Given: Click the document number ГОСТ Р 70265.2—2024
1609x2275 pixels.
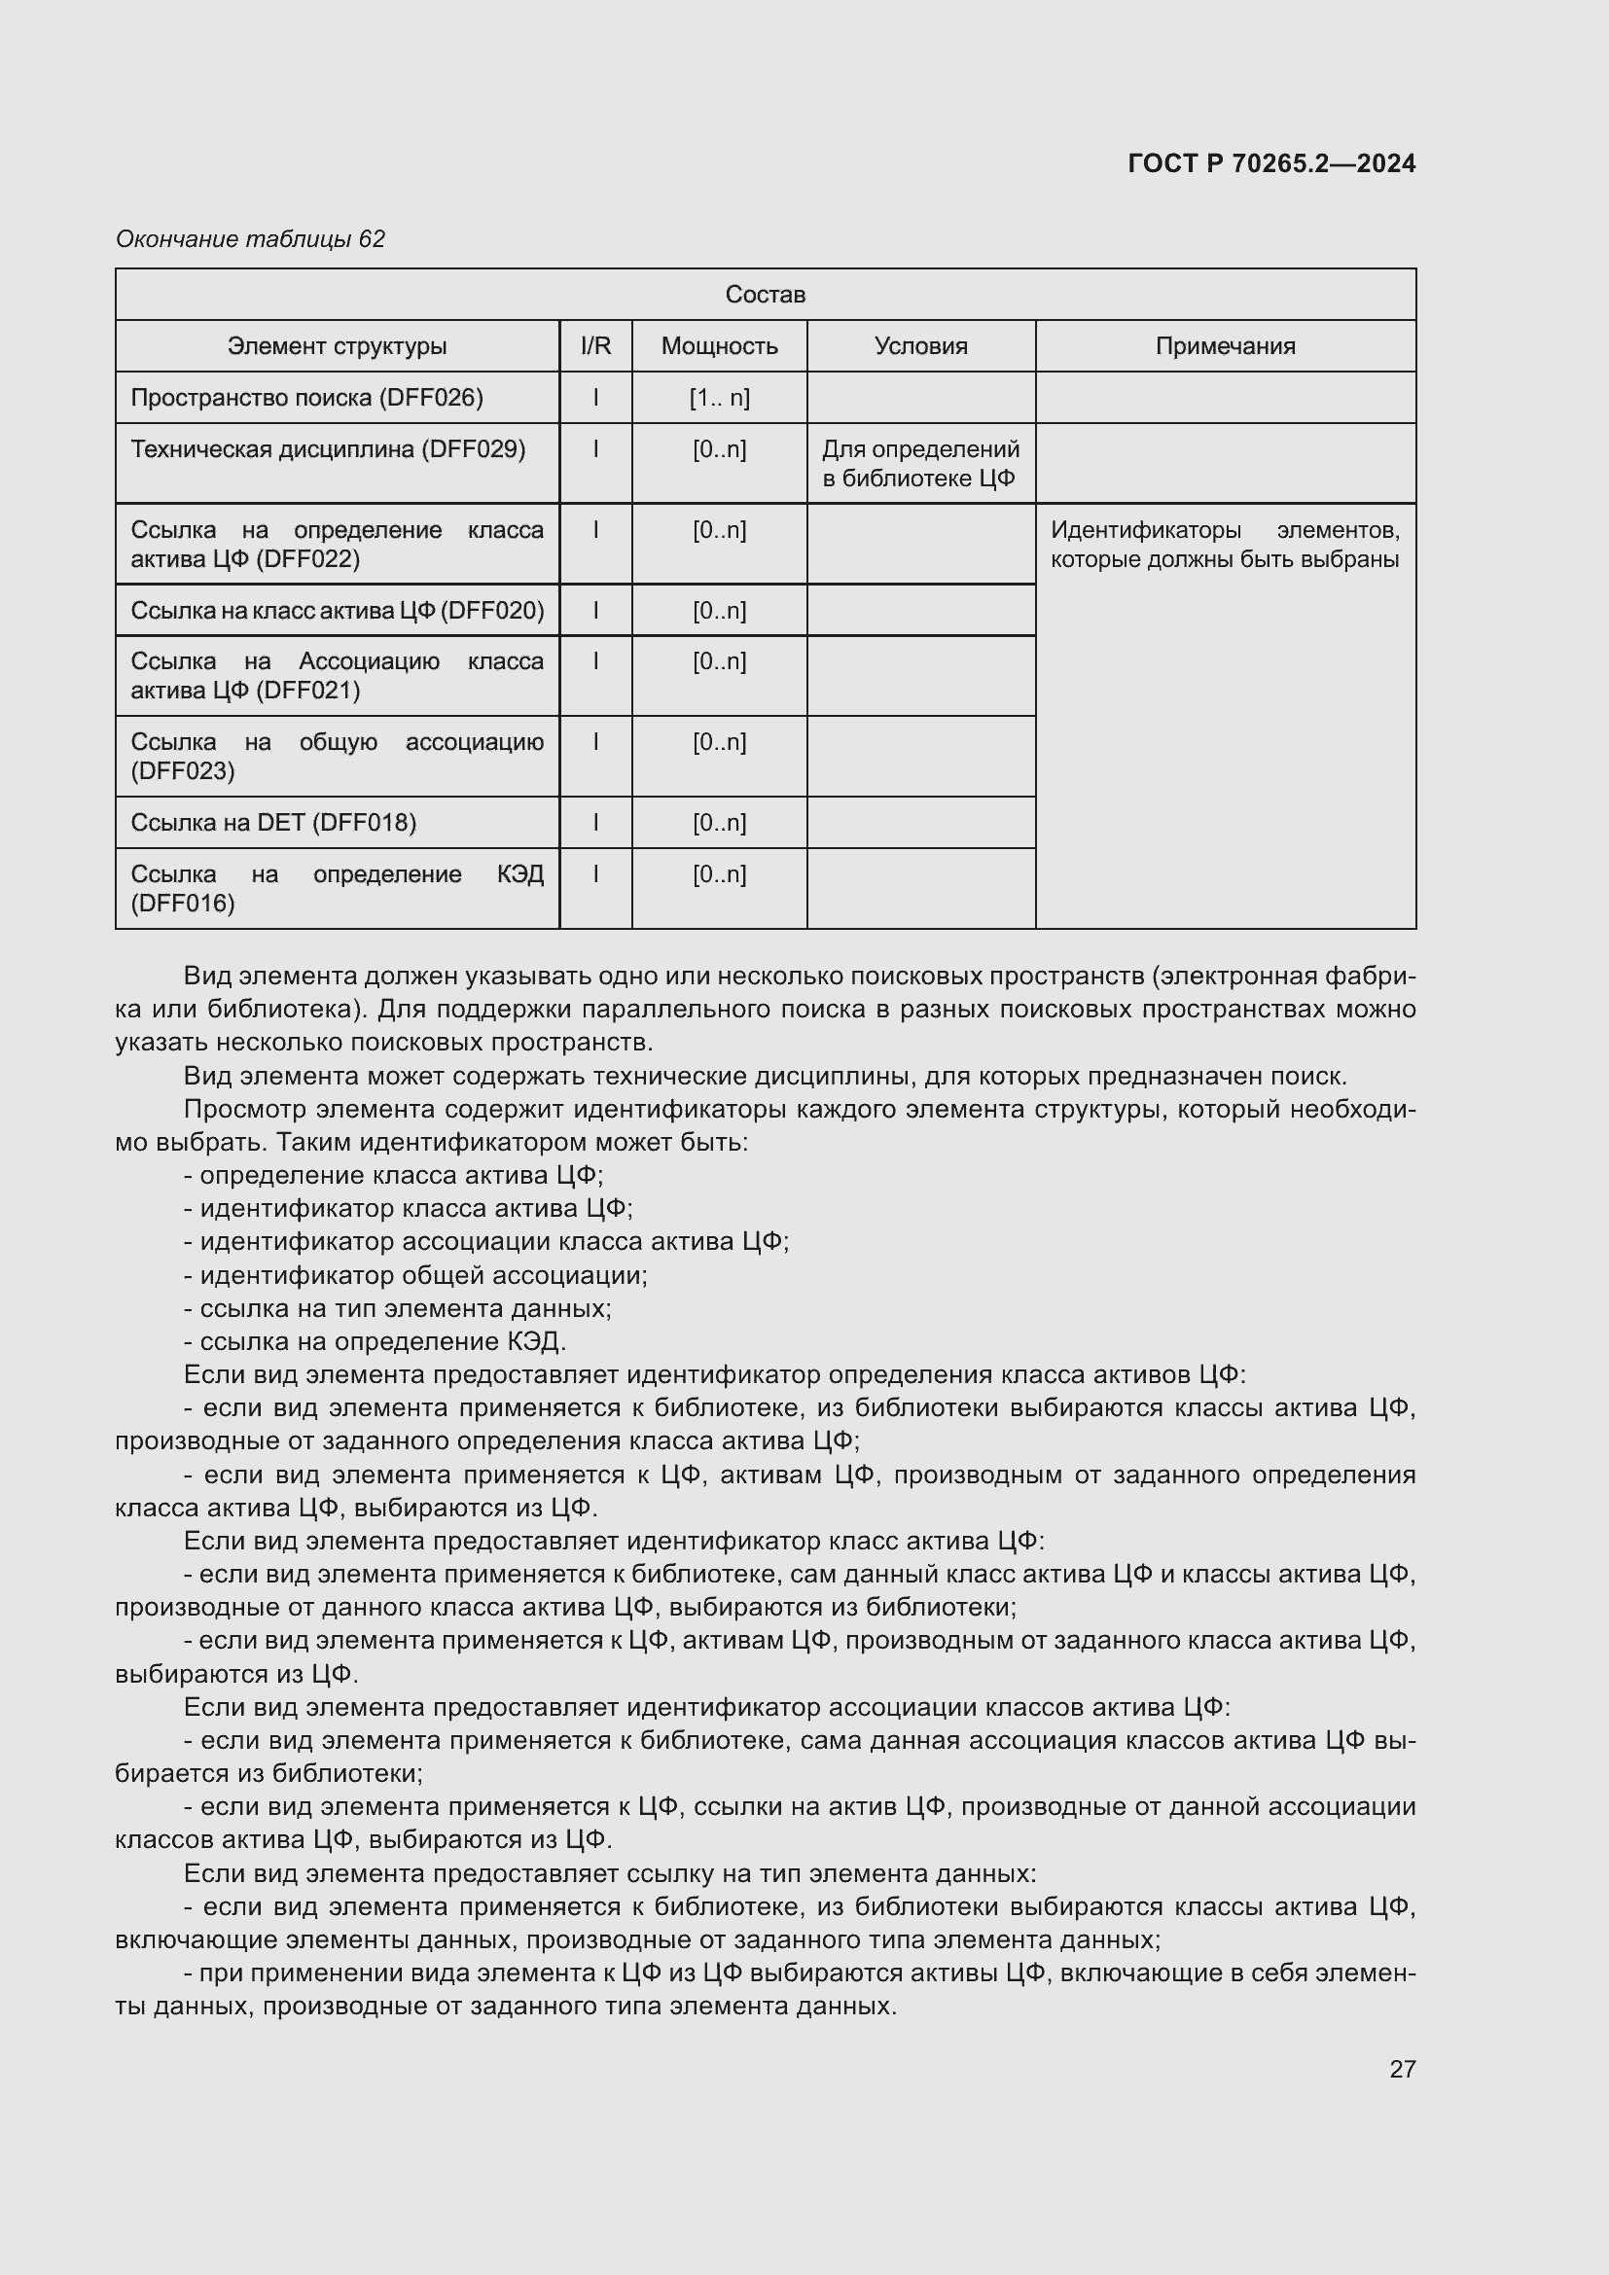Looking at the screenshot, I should (x=1271, y=163).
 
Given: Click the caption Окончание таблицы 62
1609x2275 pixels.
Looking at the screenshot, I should (x=251, y=239).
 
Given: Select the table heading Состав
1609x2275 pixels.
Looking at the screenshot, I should (x=765, y=295).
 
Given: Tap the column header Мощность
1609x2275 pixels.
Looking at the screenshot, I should (x=719, y=346).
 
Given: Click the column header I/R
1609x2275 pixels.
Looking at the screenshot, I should (x=595, y=346).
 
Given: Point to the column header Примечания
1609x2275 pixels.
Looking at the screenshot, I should (x=1225, y=346).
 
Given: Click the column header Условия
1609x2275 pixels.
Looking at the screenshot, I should (x=920, y=346).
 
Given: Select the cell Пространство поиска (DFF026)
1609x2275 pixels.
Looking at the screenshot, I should (x=307, y=398).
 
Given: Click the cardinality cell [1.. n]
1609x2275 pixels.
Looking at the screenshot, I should (x=719, y=398).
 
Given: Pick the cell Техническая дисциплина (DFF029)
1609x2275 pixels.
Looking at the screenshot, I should (x=328, y=450).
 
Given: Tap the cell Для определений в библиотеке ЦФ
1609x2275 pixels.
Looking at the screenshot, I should (x=920, y=464).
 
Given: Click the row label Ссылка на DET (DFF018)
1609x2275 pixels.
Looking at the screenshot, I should (x=273, y=823).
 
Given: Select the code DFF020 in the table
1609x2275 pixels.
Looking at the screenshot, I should (x=490, y=611).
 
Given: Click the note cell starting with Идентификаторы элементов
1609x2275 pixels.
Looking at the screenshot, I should (x=1225, y=545).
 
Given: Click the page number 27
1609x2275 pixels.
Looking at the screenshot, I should (x=1402, y=2069).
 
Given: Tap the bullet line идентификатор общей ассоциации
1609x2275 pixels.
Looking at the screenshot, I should (x=416, y=1275).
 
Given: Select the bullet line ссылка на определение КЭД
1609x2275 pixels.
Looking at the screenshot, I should (x=375, y=1341).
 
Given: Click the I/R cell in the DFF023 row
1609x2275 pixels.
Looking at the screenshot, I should (x=595, y=742).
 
